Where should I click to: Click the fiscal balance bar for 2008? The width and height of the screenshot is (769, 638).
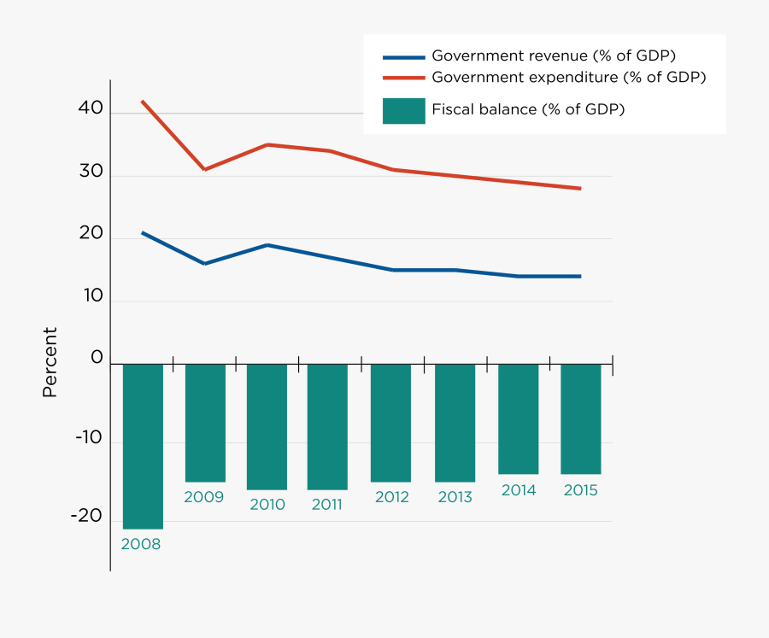click(x=143, y=446)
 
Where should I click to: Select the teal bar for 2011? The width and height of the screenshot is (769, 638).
click(x=327, y=426)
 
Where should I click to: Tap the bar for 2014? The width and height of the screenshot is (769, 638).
click(x=518, y=419)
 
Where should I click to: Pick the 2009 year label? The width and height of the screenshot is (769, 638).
click(x=203, y=497)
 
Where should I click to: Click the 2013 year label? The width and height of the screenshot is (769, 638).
click(x=455, y=497)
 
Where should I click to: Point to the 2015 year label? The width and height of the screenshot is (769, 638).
click(x=580, y=490)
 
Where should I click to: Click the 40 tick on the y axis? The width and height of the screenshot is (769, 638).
click(x=91, y=109)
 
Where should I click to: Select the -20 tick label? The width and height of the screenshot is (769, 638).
click(x=85, y=517)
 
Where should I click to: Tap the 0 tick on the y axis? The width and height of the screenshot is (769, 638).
click(x=97, y=359)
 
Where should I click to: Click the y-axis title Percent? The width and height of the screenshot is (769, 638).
click(x=50, y=362)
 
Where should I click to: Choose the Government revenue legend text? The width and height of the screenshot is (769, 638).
click(x=554, y=56)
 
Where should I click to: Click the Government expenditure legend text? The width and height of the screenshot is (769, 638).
click(x=568, y=77)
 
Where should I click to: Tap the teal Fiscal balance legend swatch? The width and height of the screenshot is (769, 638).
click(x=403, y=111)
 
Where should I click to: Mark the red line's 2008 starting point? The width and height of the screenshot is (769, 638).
click(x=142, y=102)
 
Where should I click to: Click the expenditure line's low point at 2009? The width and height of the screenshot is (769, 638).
click(x=204, y=169)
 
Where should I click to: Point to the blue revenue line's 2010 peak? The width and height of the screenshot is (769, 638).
click(x=267, y=245)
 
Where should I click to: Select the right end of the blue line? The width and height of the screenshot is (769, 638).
click(x=580, y=276)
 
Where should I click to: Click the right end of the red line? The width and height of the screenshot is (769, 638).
click(x=580, y=189)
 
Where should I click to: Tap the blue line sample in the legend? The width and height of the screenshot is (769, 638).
click(x=403, y=57)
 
